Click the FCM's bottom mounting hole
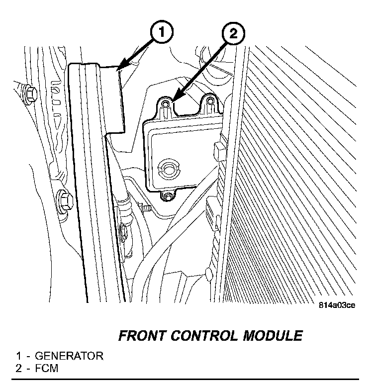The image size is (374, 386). click(x=168, y=197)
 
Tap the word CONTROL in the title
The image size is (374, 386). click(x=209, y=336)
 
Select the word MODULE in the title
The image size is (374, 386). click(x=272, y=336)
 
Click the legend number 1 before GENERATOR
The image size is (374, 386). click(x=19, y=356)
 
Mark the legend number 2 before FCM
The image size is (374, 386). click(x=19, y=369)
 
